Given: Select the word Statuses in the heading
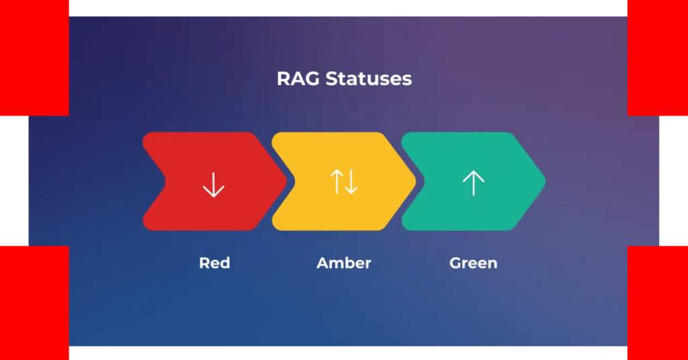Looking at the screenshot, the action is click(x=369, y=79).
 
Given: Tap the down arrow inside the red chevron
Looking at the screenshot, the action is click(x=214, y=185).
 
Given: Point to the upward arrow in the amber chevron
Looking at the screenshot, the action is click(x=337, y=181).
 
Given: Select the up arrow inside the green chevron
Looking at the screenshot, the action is click(x=474, y=183).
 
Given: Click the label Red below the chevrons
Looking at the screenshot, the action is click(x=214, y=263).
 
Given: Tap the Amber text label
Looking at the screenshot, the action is click(x=344, y=263).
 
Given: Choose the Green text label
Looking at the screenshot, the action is click(x=474, y=263).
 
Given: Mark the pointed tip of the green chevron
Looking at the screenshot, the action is click(x=546, y=181).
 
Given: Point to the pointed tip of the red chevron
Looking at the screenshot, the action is click(x=286, y=181).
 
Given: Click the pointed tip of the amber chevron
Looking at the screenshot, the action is click(x=416, y=181).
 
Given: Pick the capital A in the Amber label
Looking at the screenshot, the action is click(x=322, y=263).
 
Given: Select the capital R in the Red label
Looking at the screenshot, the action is click(x=204, y=263).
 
